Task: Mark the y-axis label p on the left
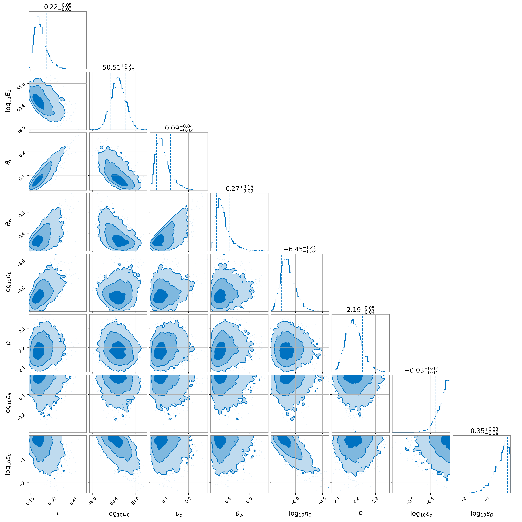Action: [9, 343]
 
